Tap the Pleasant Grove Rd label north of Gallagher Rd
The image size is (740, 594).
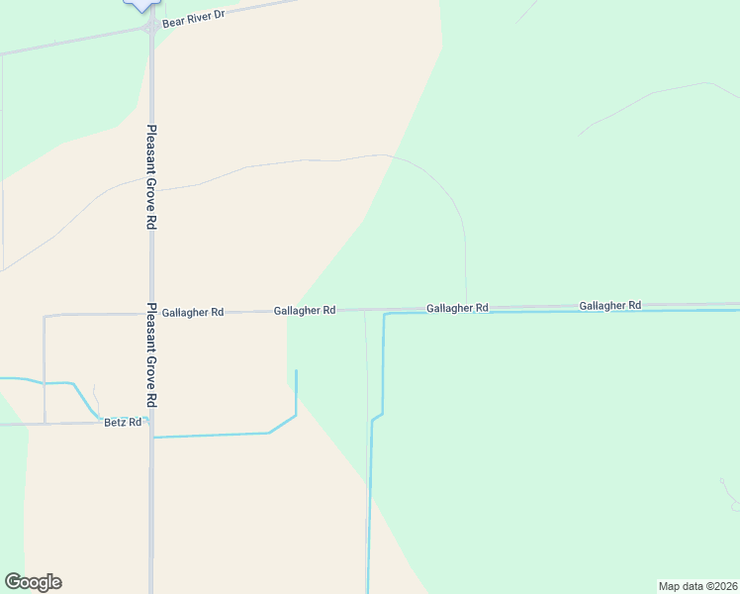click(x=151, y=177)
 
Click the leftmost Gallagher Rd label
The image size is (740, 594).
click(x=193, y=312)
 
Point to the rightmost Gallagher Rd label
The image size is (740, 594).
click(x=610, y=306)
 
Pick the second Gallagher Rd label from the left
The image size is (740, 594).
click(x=305, y=311)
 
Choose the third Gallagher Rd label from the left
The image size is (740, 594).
click(x=458, y=308)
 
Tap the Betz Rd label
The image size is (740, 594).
click(x=123, y=423)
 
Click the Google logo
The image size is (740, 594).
click(x=33, y=582)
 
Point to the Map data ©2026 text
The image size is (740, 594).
click(x=697, y=585)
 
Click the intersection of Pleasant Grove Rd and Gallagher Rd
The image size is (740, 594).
click(x=151, y=313)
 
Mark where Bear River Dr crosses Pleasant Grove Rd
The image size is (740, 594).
click(x=150, y=29)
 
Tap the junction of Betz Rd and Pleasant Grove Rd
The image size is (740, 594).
click(x=151, y=423)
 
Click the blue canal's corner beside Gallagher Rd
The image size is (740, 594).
click(x=385, y=314)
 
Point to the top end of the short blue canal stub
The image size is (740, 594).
click(x=296, y=371)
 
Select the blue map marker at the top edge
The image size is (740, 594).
click(x=143, y=4)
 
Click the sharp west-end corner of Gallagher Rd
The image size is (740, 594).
click(x=45, y=317)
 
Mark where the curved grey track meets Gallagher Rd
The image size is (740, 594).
click(x=466, y=307)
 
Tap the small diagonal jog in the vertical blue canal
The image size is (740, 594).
click(x=377, y=417)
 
